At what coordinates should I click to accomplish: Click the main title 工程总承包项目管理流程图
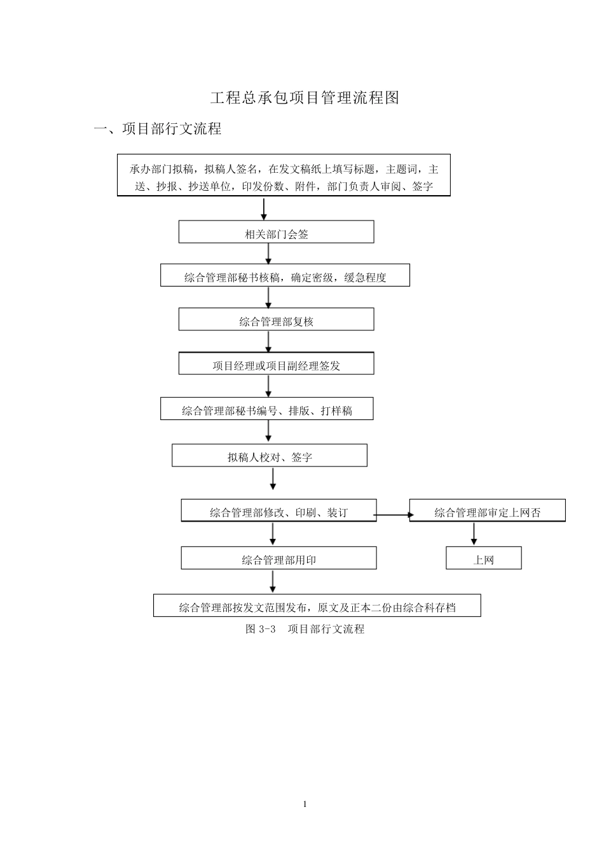[x=305, y=98]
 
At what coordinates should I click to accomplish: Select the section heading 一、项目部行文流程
[x=158, y=129]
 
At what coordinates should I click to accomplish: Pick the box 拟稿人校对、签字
[x=270, y=456]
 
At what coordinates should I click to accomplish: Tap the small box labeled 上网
[x=483, y=559]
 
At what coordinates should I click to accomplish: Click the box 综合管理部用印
[x=278, y=559]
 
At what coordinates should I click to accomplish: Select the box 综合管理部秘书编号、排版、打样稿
[x=267, y=409]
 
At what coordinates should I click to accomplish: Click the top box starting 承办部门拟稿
[x=284, y=175]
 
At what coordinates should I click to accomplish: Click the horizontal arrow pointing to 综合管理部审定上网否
[x=393, y=515]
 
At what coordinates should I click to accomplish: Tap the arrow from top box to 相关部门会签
[x=264, y=208]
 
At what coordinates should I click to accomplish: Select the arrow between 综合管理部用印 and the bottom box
[x=273, y=581]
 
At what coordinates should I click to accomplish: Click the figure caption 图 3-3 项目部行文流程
[x=305, y=629]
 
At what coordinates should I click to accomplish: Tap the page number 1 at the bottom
[x=305, y=804]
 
